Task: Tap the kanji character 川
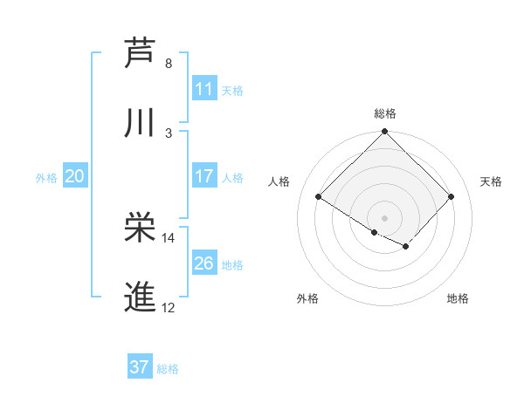coord(141,124)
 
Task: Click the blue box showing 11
coord(204,89)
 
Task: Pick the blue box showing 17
coord(204,176)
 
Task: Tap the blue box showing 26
coord(204,263)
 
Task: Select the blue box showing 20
coord(75,176)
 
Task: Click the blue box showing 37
coord(140,367)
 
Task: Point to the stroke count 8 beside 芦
coord(169,64)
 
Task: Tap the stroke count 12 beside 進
coord(169,308)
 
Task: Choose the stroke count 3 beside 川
coord(169,133)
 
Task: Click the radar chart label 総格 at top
coord(385,113)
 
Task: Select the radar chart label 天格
coord(492,181)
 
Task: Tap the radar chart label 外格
coord(307,299)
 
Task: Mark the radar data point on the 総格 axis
coord(385,133)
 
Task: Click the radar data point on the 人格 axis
coord(319,197)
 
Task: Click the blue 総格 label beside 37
coord(168,369)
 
